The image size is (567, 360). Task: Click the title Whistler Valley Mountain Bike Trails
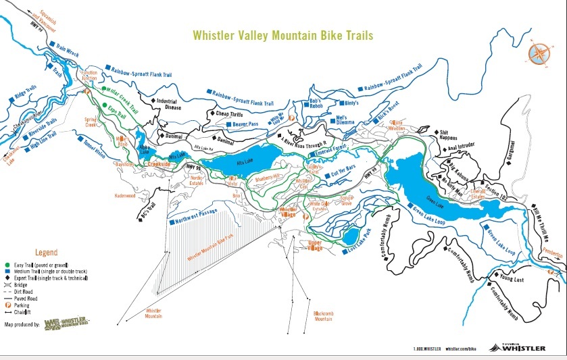[x=282, y=34]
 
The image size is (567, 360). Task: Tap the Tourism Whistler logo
[x=522, y=347]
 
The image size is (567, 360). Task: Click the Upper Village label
[x=314, y=244]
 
